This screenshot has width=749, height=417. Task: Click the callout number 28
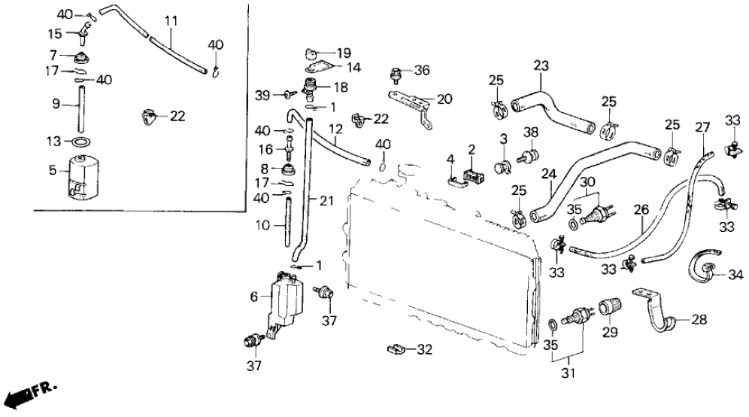699,320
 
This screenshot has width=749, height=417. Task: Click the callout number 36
422,71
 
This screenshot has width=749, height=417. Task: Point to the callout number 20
444,98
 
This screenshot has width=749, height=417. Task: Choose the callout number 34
735,273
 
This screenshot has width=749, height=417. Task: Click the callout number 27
702,127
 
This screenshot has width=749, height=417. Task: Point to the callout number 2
471,151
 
